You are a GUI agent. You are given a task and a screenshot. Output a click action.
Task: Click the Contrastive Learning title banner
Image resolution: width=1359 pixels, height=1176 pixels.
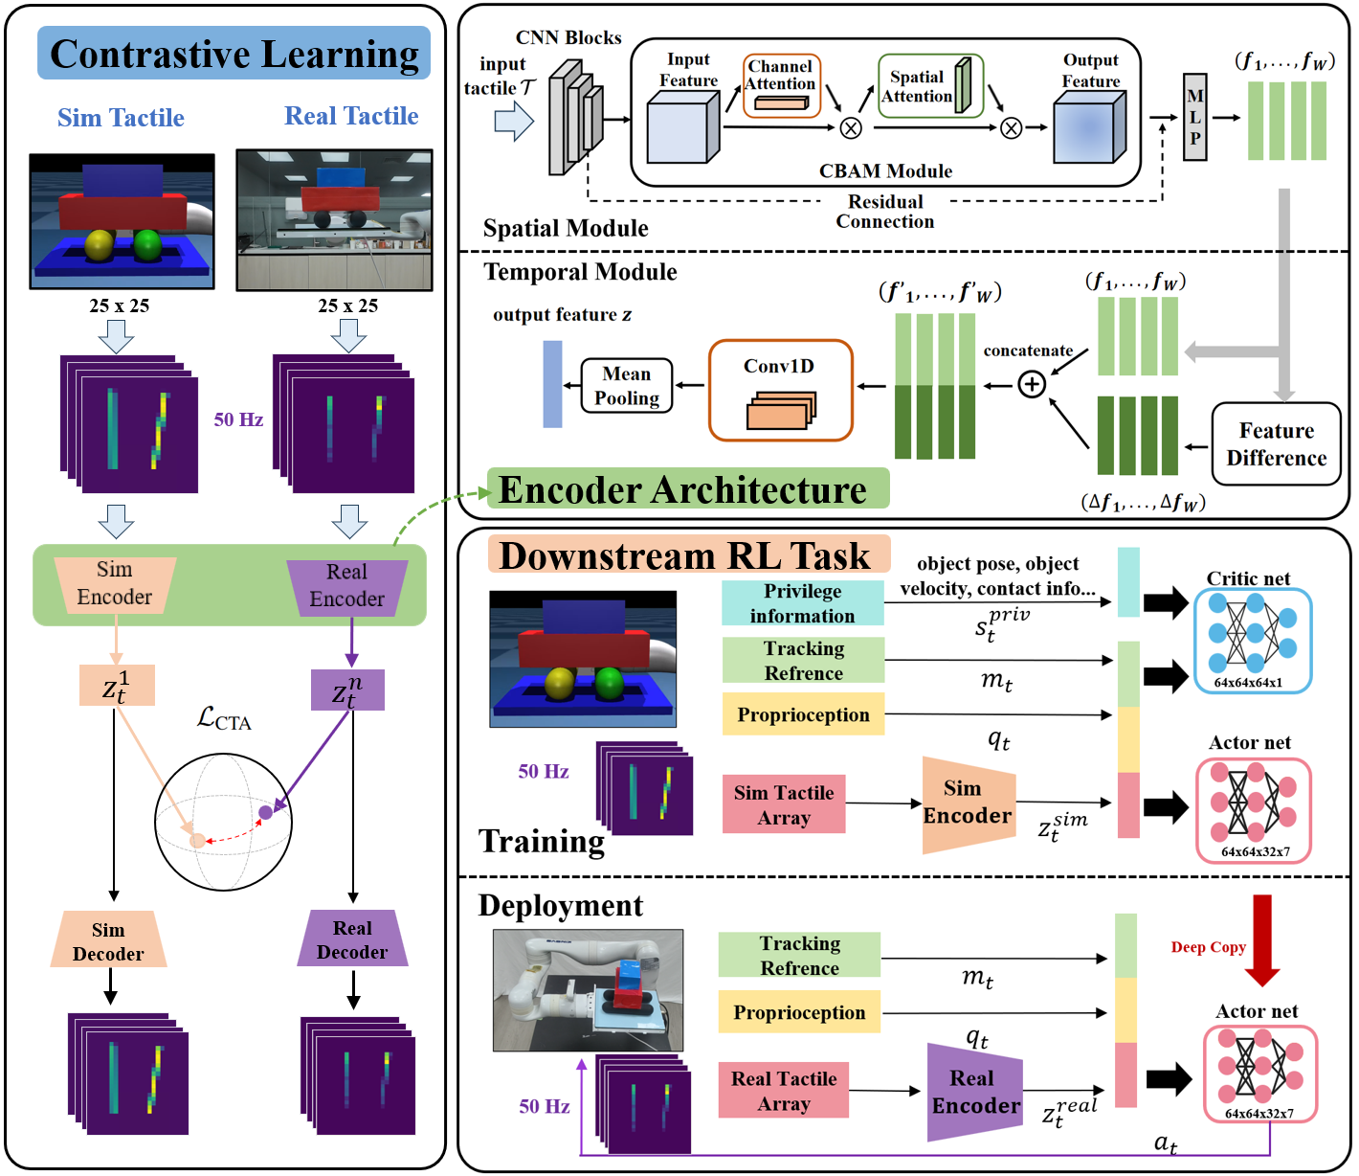(234, 54)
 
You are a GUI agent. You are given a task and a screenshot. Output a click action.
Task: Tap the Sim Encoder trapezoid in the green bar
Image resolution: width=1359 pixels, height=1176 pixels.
(115, 583)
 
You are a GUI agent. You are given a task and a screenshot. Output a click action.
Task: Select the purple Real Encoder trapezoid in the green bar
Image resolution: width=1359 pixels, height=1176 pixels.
(347, 585)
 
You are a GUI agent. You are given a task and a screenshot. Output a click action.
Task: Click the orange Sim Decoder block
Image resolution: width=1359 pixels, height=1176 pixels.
(108, 940)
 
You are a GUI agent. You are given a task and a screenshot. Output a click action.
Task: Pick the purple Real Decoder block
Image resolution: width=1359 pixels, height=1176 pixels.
(352, 939)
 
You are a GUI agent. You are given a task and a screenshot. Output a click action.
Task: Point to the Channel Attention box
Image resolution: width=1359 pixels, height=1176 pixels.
(781, 85)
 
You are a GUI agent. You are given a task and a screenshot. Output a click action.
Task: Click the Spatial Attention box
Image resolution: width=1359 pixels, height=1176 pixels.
(929, 86)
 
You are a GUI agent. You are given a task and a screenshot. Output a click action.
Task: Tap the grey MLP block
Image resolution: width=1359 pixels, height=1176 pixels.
(1194, 117)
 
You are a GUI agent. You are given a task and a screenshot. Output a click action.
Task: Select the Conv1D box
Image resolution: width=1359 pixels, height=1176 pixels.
(780, 390)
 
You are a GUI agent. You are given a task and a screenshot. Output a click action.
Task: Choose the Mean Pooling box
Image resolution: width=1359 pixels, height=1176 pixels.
(627, 386)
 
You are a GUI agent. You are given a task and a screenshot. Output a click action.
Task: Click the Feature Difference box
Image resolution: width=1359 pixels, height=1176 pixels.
(1276, 443)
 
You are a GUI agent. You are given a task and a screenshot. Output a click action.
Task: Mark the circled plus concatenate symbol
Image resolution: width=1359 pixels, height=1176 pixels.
(1031, 385)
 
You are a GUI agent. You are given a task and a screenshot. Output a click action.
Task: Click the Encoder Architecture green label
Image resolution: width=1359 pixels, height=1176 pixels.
(687, 489)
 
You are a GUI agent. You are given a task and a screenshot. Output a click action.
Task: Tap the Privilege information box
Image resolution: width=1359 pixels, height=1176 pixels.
(802, 603)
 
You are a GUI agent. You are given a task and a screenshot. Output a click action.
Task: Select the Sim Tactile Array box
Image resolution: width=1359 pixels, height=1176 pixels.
(784, 804)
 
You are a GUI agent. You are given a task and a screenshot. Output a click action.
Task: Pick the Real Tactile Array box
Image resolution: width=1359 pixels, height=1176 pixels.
(784, 1091)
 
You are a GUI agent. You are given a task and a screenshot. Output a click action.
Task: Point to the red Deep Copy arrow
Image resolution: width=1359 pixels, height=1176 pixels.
(1261, 939)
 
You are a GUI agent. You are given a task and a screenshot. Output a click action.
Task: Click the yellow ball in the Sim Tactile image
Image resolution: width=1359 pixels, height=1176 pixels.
(100, 245)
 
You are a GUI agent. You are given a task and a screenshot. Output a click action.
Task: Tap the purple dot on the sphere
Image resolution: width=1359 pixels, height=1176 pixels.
(265, 813)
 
